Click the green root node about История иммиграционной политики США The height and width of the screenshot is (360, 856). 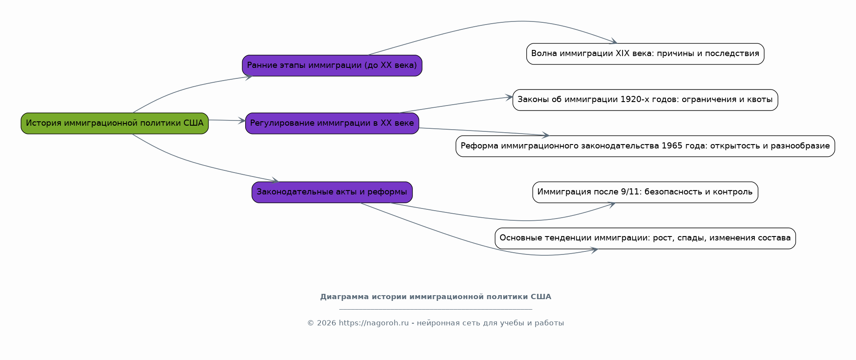click(115, 123)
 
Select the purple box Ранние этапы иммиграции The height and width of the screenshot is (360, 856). click(332, 66)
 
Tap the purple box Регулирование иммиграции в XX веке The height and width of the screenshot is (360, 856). click(332, 123)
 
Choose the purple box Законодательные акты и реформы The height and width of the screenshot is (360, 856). click(332, 192)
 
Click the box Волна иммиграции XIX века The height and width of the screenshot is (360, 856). click(645, 54)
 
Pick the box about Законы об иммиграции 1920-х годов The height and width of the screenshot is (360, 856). click(645, 100)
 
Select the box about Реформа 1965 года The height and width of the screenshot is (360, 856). click(645, 146)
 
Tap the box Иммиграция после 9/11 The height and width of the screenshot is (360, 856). click(645, 192)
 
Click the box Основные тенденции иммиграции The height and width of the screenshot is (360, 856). click(645, 238)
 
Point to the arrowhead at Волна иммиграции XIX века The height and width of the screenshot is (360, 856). click(614, 42)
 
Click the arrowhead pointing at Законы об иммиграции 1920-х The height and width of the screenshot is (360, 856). click(509, 97)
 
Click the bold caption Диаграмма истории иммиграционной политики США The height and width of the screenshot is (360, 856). click(436, 297)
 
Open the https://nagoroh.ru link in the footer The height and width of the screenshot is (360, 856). click(373, 323)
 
